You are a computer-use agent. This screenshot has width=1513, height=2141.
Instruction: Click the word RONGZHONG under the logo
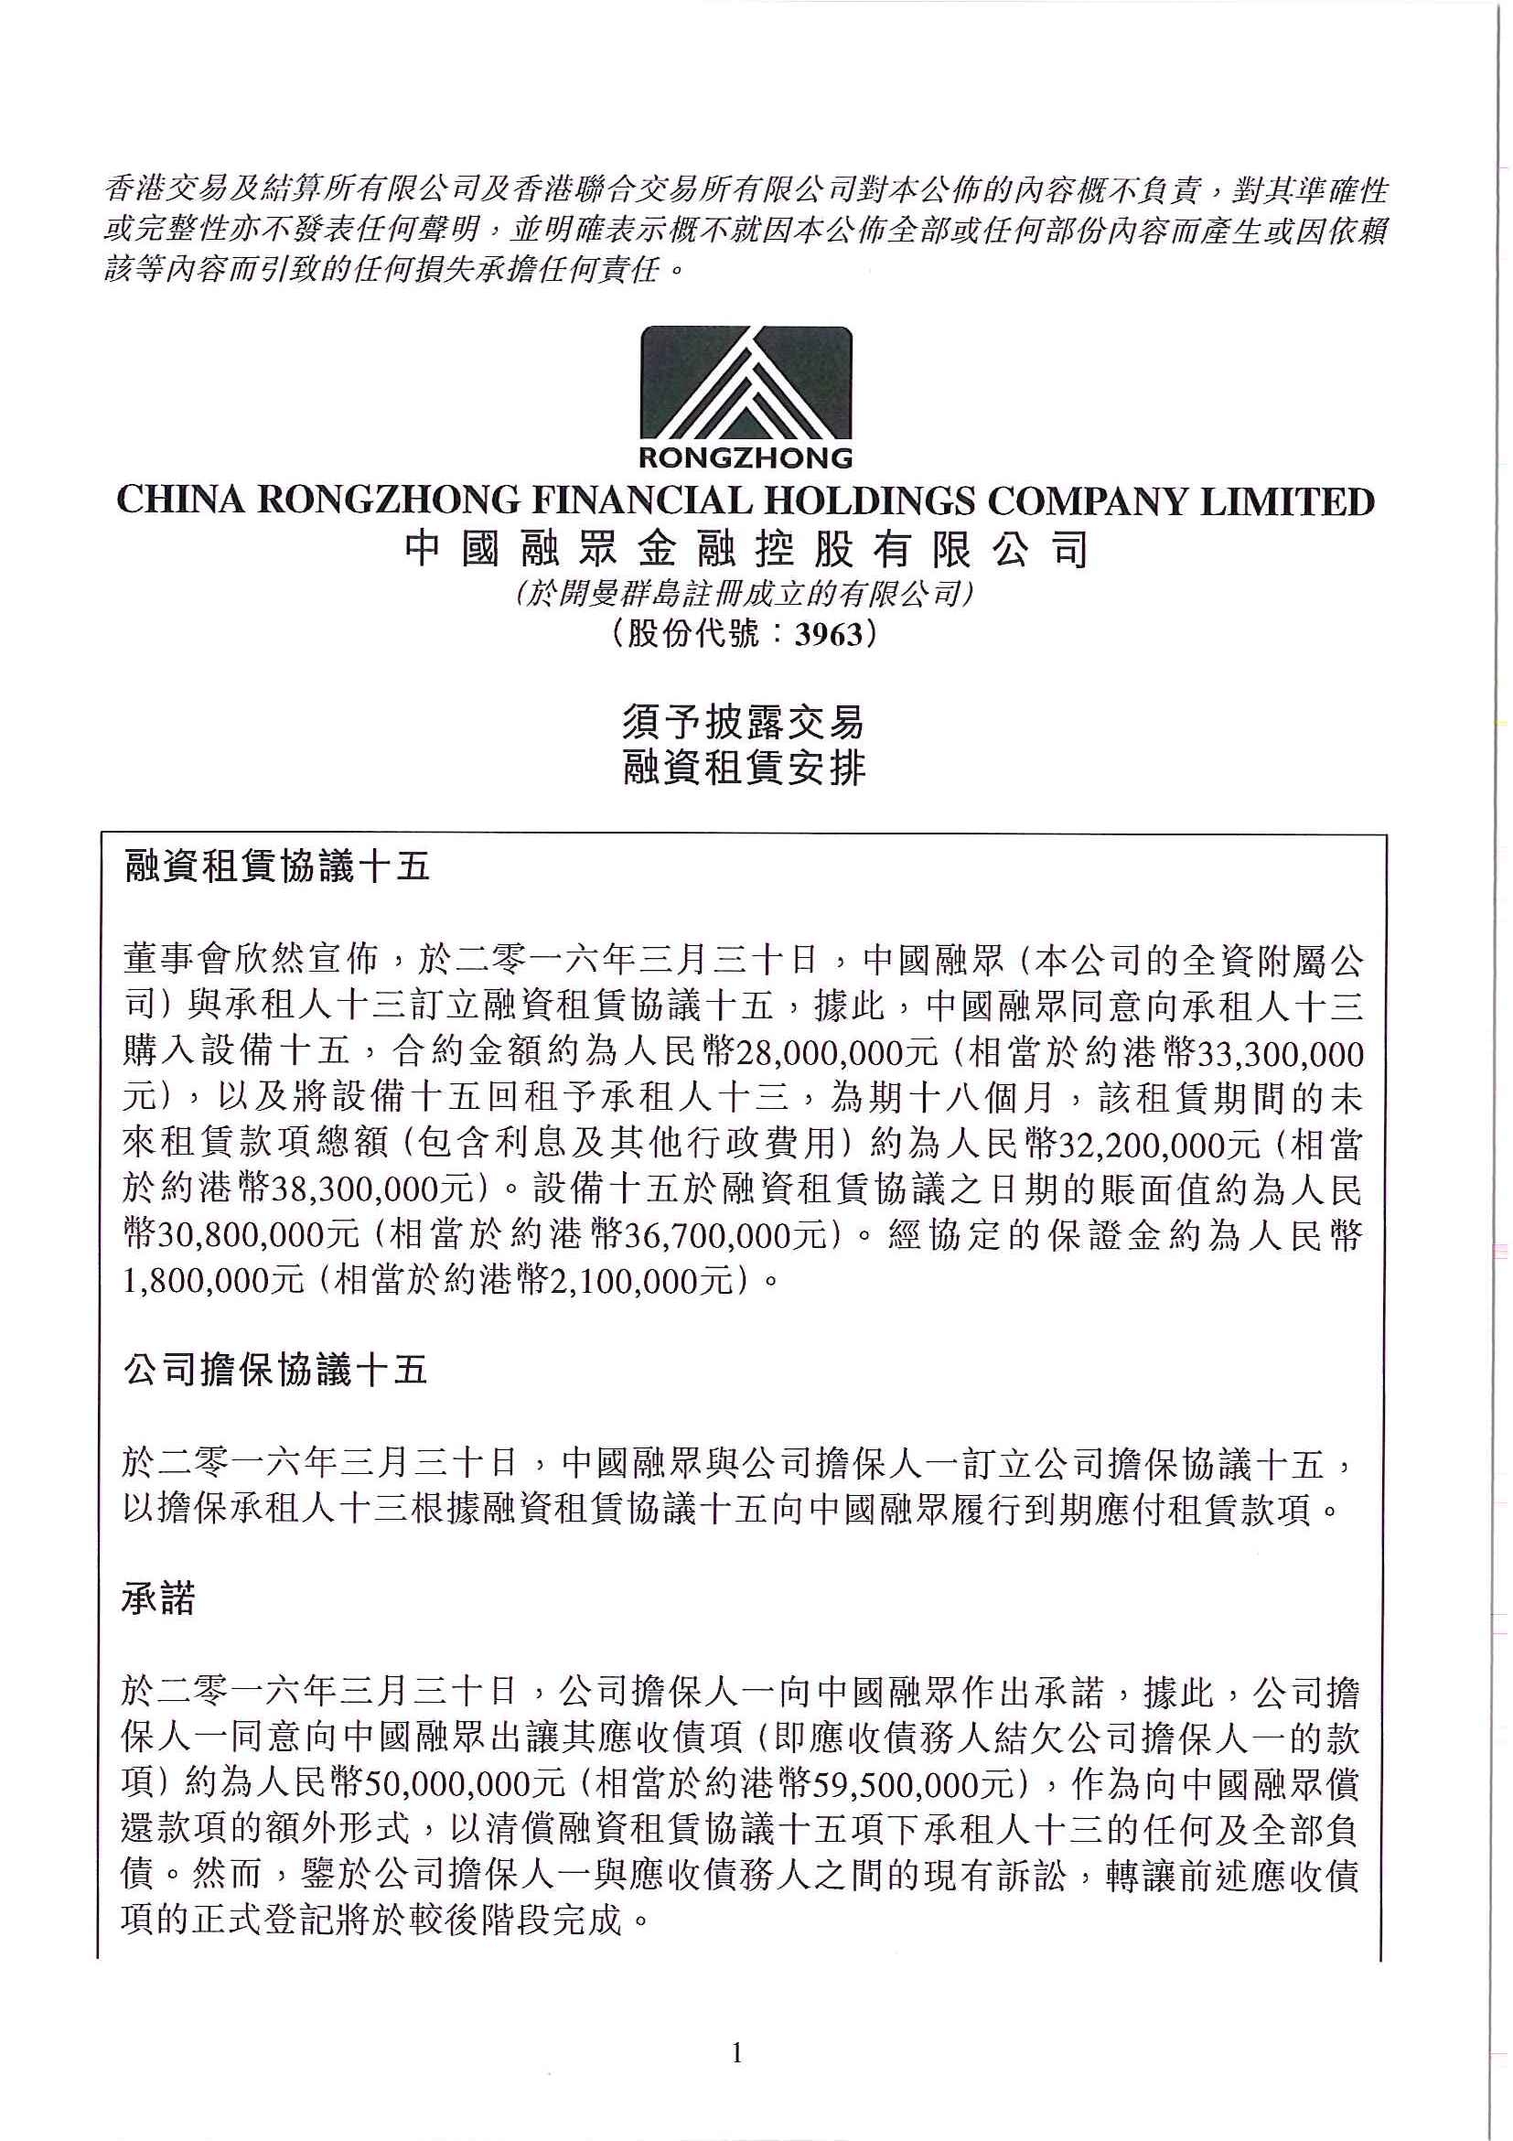[x=746, y=457]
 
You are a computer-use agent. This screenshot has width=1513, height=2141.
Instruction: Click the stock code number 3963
[x=827, y=636]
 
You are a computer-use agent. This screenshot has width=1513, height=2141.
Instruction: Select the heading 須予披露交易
[x=744, y=723]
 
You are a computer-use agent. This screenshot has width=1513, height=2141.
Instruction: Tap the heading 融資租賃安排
[x=744, y=768]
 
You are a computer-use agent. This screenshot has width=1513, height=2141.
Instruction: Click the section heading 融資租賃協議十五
[x=276, y=867]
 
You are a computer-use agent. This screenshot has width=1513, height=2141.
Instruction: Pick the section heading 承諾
[x=158, y=1599]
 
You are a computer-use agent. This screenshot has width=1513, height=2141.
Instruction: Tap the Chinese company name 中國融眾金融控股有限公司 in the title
[x=746, y=552]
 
